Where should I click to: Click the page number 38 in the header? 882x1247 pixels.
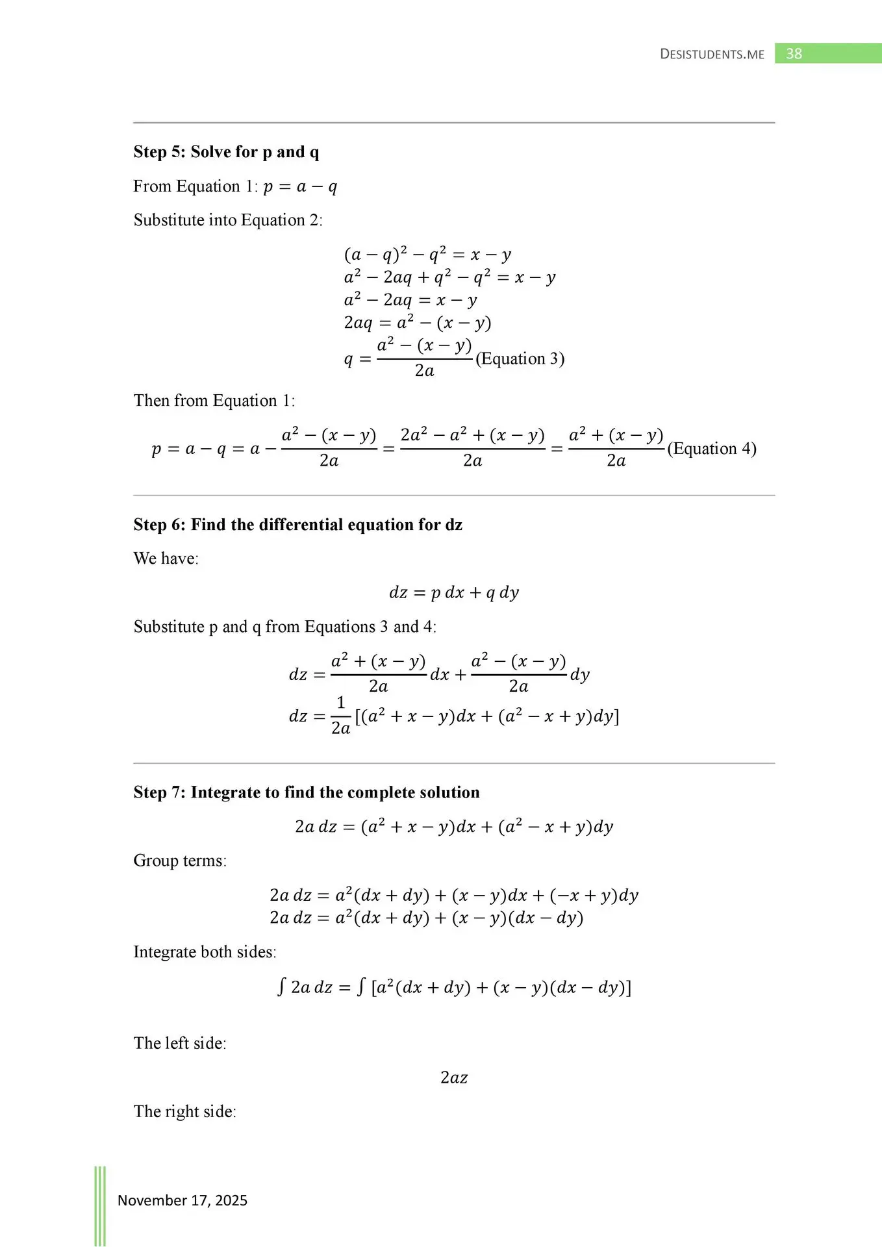click(794, 54)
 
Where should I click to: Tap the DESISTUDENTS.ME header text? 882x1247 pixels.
click(712, 55)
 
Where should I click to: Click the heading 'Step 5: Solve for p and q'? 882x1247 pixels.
click(226, 152)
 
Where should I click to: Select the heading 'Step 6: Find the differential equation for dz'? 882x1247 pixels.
click(297, 525)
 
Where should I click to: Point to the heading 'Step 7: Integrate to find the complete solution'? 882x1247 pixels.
click(307, 792)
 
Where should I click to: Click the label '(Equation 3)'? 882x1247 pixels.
click(520, 359)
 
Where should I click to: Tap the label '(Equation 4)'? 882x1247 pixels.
click(712, 448)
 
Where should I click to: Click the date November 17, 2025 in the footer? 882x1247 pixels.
click(183, 1200)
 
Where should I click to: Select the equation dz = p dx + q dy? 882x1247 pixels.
click(454, 592)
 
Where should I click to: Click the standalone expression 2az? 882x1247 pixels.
click(454, 1077)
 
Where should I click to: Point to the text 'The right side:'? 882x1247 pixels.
click(185, 1111)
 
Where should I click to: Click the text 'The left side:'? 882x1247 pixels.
click(180, 1043)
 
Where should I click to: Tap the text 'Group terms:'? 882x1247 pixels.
click(180, 861)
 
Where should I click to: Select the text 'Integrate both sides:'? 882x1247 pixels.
click(205, 952)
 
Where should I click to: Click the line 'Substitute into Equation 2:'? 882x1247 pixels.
click(228, 220)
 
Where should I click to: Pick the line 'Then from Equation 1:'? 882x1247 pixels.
click(214, 401)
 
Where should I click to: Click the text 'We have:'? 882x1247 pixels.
click(166, 559)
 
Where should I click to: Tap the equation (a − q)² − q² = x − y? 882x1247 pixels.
click(427, 255)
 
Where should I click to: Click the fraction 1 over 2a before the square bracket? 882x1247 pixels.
click(340, 716)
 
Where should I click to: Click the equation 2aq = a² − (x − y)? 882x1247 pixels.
click(417, 323)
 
